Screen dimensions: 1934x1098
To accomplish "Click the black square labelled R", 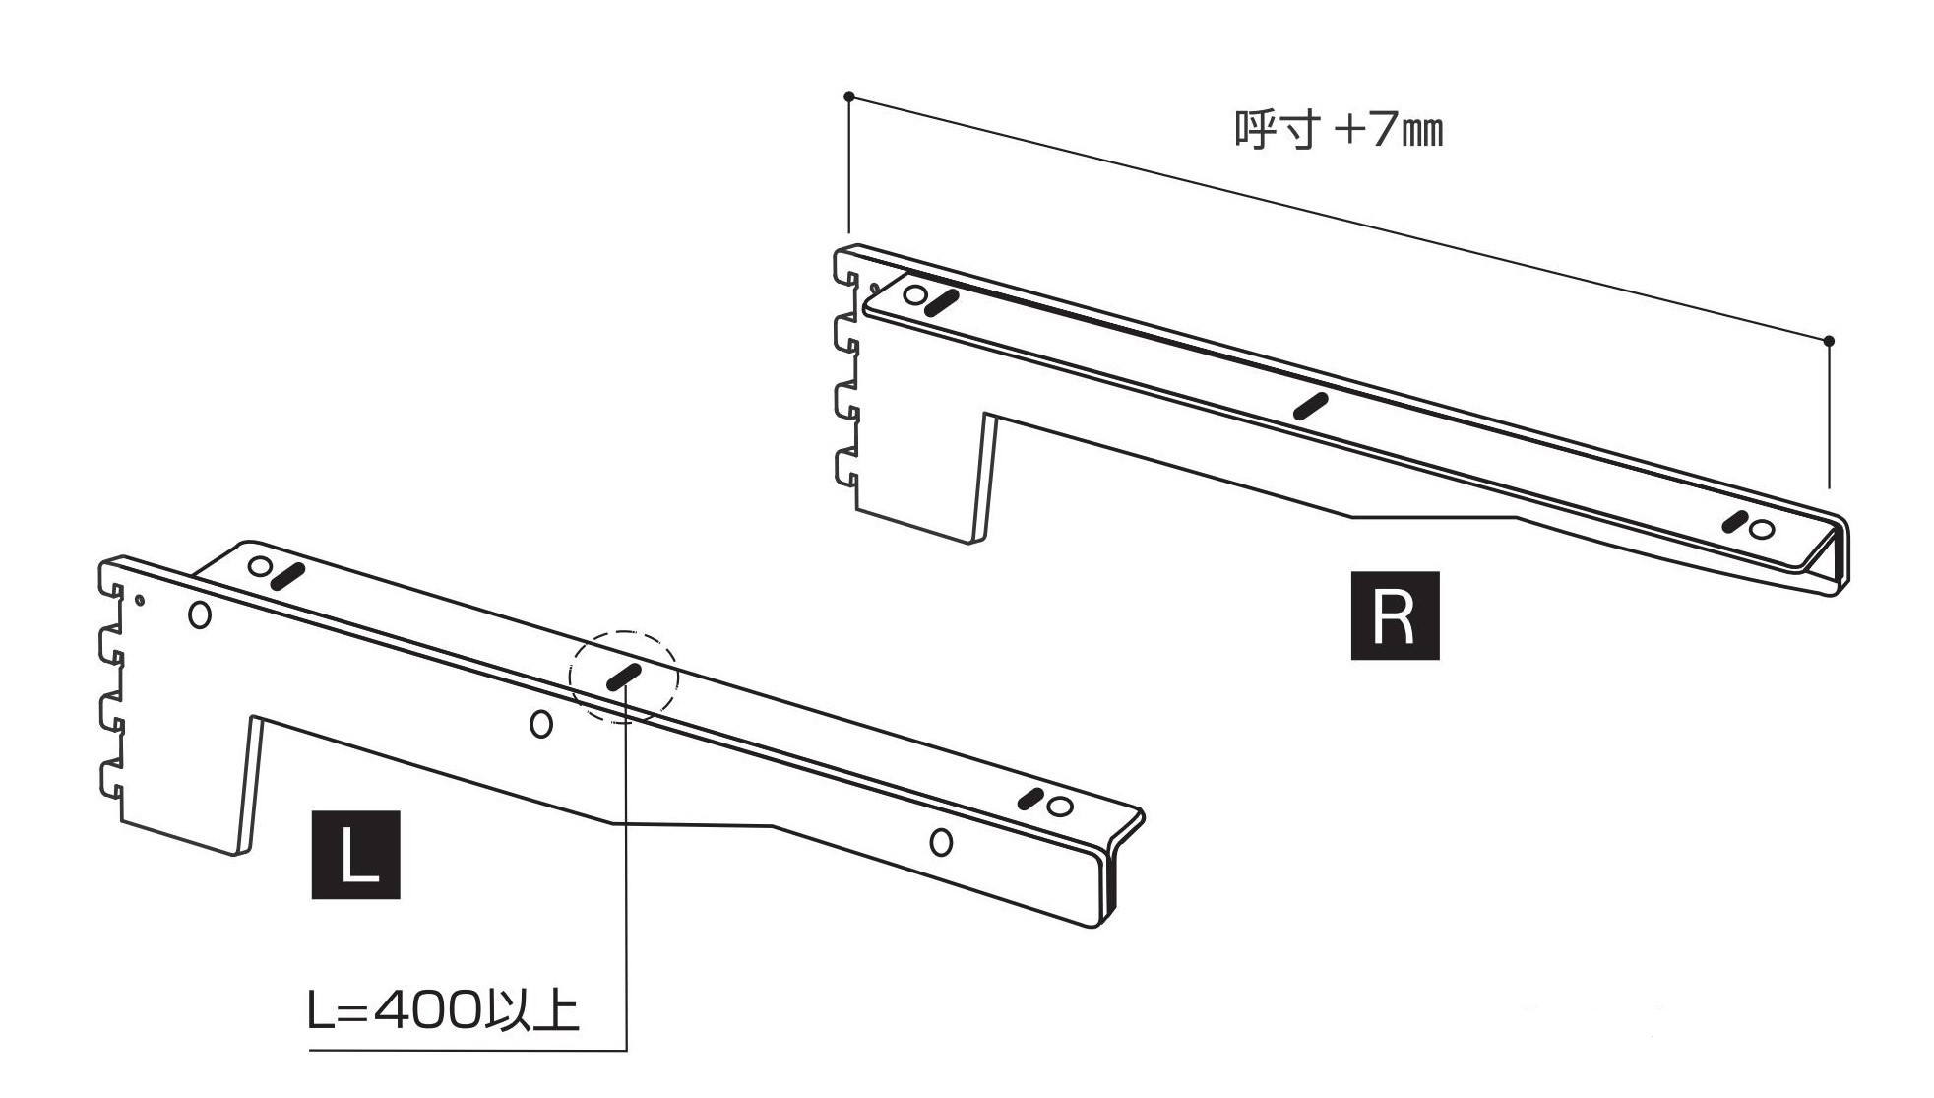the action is (1395, 615).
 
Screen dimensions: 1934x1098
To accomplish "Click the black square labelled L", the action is (355, 855).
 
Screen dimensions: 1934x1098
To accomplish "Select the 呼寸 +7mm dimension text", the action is (1339, 131).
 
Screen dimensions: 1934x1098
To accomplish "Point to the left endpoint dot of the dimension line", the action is (848, 97).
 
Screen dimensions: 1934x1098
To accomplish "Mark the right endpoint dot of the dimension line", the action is (1829, 341).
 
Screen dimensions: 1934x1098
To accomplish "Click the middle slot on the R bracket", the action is (1311, 406).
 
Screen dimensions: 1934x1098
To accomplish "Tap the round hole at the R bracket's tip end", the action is (1763, 530).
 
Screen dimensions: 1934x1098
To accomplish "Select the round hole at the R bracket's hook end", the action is (915, 294).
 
